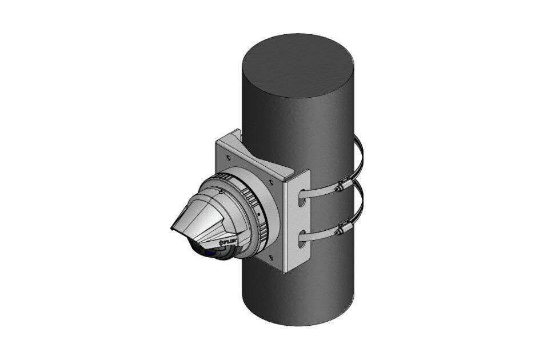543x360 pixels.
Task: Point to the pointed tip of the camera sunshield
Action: pyautogui.click(x=172, y=229)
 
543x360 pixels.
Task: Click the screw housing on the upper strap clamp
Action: pyautogui.click(x=341, y=186)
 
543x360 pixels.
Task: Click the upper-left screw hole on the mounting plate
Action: pyautogui.click(x=228, y=157)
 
